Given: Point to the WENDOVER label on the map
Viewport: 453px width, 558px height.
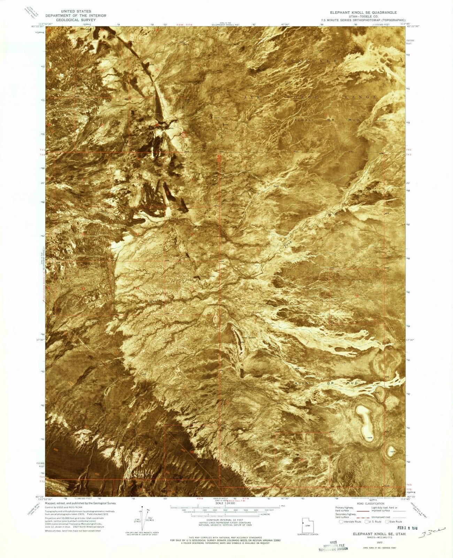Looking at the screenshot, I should [x=310, y=61].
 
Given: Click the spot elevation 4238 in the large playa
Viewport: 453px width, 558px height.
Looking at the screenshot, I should [x=370, y=437].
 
